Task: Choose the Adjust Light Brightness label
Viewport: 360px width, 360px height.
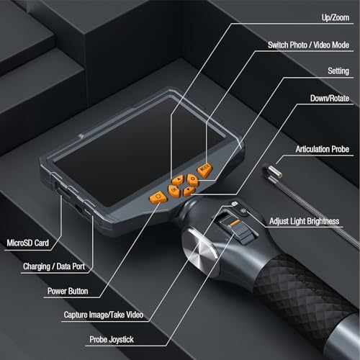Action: coord(309,221)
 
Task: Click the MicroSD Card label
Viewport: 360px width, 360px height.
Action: coord(30,243)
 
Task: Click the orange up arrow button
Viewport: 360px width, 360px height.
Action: coord(178,180)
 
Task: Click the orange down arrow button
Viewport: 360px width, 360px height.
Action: coord(188,191)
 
